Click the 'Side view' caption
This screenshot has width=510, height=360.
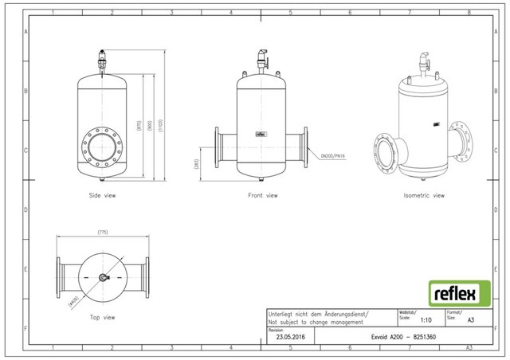point(103,195)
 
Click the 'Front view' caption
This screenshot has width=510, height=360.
point(262,195)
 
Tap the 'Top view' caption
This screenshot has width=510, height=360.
point(102,318)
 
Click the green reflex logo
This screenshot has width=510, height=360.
point(455,292)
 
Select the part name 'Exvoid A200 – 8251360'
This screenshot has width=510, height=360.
point(404,337)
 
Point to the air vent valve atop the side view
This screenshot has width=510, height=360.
point(103,59)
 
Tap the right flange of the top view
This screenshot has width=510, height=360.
point(149,276)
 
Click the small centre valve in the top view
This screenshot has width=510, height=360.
point(103,277)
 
